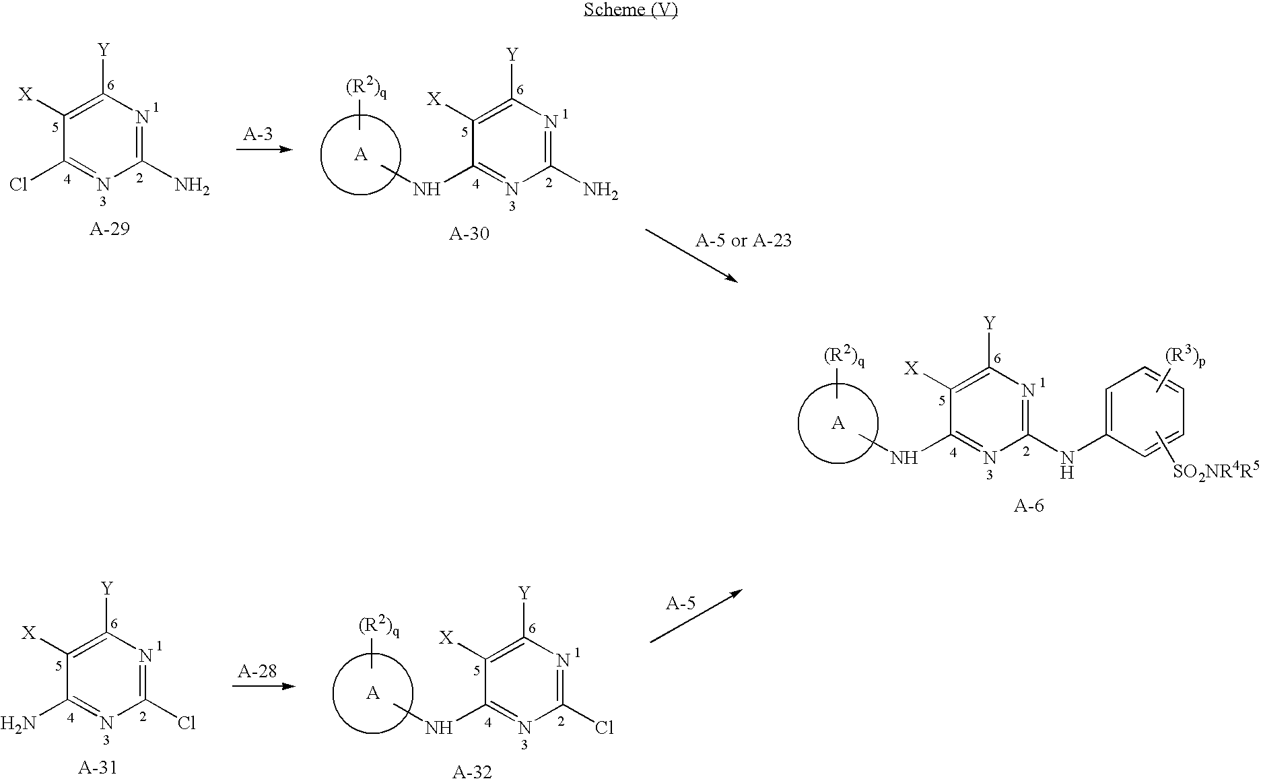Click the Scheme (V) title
pyautogui.click(x=630, y=9)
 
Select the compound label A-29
pyautogui.click(x=109, y=229)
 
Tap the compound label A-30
pyautogui.click(x=469, y=234)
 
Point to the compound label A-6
pyautogui.click(x=1029, y=505)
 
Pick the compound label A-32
pyautogui.click(x=472, y=772)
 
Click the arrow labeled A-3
pyautogui.click(x=265, y=149)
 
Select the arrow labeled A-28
pyautogui.click(x=264, y=687)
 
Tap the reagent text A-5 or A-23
pyautogui.click(x=743, y=240)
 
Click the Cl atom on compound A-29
pyautogui.click(x=18, y=184)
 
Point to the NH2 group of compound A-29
pyautogui.click(x=193, y=184)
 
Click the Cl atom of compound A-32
pyautogui.click(x=604, y=728)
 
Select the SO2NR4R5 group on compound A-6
pyautogui.click(x=1217, y=472)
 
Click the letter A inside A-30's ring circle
pyautogui.click(x=361, y=155)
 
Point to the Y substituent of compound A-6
pyautogui.click(x=989, y=324)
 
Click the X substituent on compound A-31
pyautogui.click(x=28, y=633)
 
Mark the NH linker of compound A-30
pyautogui.click(x=426, y=189)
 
